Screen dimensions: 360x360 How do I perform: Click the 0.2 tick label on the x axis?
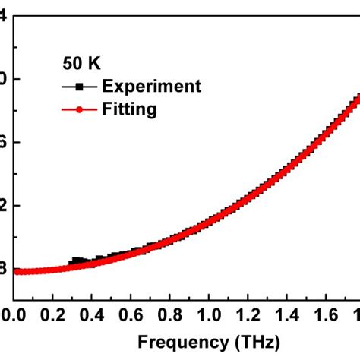click(x=52, y=314)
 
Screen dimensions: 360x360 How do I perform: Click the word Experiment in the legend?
click(x=152, y=86)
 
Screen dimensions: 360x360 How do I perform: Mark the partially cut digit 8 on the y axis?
click(x=4, y=268)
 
